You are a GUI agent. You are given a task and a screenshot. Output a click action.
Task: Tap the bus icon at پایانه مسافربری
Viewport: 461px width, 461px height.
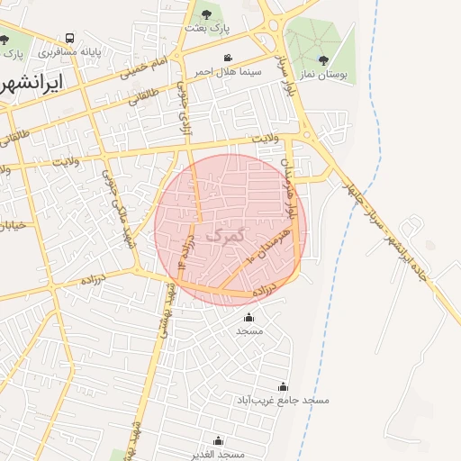click(x=70, y=40)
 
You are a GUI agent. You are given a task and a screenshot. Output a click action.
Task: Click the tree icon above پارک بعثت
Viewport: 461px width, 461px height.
click(x=207, y=14)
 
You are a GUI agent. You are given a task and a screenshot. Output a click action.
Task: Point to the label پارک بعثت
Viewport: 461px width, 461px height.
click(x=207, y=28)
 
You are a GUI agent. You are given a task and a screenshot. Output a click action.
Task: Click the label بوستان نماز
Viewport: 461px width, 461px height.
click(x=324, y=76)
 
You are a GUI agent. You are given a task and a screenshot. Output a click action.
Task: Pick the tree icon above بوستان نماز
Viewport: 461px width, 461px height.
click(x=324, y=61)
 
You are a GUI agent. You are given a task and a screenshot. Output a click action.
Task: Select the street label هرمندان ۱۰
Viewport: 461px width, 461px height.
click(x=258, y=245)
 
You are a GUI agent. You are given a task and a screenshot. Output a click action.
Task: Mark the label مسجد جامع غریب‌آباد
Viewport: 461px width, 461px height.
click(x=284, y=399)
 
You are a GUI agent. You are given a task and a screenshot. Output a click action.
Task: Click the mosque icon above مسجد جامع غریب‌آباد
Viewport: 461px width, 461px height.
click(x=284, y=386)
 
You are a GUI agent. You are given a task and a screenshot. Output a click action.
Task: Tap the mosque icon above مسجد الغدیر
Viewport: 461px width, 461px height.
click(x=217, y=441)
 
